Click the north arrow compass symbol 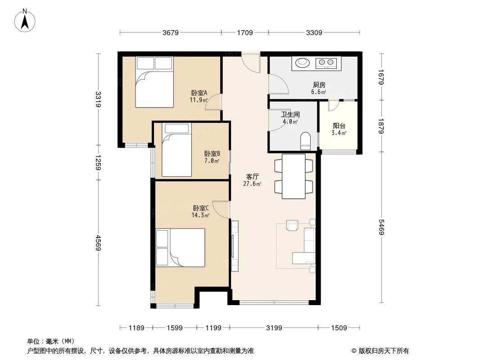pyautogui.click(x=25, y=20)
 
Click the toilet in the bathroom pyautogui.click(x=305, y=141)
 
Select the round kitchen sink pyautogui.click(x=302, y=63)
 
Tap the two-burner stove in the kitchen pyautogui.click(x=326, y=63)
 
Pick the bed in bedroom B pyautogui.click(x=177, y=151)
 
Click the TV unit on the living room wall pyautogui.click(x=234, y=245)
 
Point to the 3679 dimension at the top pyautogui.click(x=171, y=32)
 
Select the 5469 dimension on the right pyautogui.click(x=382, y=227)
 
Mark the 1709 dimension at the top pyautogui.click(x=245, y=32)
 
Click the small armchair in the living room pyautogui.click(x=292, y=225)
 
